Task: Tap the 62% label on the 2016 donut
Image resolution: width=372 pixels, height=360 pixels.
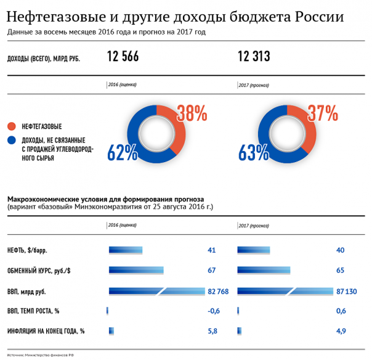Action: coord(123,152)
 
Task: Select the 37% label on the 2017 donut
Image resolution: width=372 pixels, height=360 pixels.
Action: coord(323,113)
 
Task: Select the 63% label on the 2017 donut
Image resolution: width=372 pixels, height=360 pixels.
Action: coord(254,152)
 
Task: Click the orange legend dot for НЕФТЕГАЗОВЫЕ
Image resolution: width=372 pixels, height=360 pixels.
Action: coord(12,126)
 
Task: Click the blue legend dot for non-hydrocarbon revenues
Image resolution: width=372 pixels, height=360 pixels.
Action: coord(12,141)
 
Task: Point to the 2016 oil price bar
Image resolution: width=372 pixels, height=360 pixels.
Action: coord(126,250)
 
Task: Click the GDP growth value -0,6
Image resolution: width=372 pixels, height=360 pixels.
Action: coord(213,311)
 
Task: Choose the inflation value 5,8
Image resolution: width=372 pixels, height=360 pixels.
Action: coord(213,331)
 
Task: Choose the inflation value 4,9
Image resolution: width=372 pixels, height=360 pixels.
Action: coord(341,331)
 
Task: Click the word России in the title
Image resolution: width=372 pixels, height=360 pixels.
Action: coord(319,15)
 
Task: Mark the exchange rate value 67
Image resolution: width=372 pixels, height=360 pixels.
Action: coord(211,271)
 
